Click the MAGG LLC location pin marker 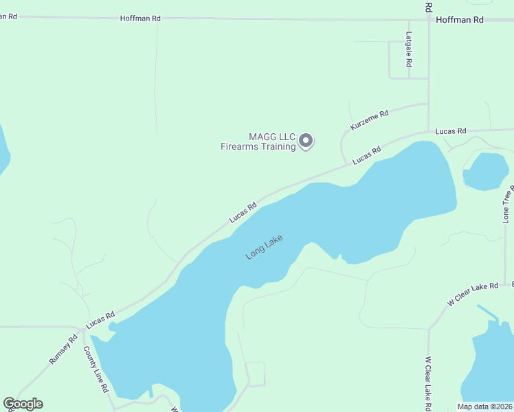306,141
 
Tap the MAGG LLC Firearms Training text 258,141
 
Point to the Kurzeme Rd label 370,120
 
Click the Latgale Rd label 409,49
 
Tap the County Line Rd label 96,369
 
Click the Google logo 23,404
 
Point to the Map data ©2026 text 485,407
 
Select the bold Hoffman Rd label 460,20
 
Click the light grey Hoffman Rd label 139,19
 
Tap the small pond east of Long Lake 486,171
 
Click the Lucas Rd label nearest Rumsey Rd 100,319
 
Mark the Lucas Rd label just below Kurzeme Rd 366,155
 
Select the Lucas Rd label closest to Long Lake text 243,211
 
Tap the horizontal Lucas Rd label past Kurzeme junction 451,130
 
